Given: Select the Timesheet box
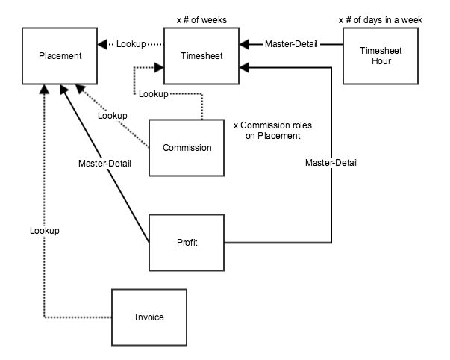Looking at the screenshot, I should click(x=201, y=56).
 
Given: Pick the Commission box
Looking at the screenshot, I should click(x=187, y=147).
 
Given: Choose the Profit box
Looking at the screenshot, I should click(x=187, y=243).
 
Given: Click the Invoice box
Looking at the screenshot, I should click(x=149, y=317).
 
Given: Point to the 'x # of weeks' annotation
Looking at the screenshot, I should click(x=201, y=19).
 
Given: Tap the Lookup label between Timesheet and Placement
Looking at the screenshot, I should click(x=131, y=44).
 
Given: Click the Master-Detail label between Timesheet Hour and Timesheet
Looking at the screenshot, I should click(x=291, y=44).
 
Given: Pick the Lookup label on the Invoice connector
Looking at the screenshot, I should click(x=45, y=231).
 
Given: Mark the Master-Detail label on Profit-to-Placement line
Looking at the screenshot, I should click(x=105, y=163).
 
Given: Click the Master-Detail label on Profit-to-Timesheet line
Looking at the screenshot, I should click(x=331, y=163).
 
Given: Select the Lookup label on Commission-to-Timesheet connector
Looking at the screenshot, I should click(x=153, y=94).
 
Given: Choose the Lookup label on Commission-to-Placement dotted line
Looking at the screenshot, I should click(x=112, y=116).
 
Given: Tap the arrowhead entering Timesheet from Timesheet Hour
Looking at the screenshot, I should click(x=244, y=44).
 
